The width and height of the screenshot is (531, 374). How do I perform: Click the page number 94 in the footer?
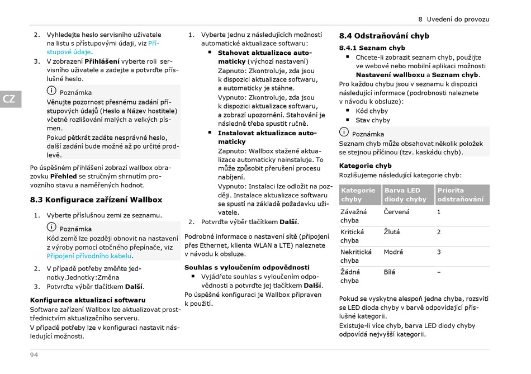point(34,356)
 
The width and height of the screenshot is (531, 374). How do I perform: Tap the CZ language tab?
point(10,100)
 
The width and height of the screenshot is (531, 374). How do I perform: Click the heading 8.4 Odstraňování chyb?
point(384,36)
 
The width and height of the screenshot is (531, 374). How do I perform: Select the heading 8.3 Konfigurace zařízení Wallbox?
point(96,200)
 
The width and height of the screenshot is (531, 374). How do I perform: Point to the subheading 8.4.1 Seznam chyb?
point(372,48)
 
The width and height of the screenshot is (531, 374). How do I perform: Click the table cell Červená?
point(396,212)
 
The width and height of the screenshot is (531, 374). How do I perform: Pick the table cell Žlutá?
point(392,232)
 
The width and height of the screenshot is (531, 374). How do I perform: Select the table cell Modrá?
point(393,252)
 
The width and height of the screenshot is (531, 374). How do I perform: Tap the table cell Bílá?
point(390,272)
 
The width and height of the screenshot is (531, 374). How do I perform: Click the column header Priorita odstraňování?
point(461,195)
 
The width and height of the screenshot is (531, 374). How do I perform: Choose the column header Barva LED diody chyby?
point(405,195)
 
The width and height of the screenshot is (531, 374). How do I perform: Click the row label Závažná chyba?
point(354,216)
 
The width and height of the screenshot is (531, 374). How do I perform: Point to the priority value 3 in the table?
point(439,252)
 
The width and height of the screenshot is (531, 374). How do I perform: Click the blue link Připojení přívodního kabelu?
point(89,256)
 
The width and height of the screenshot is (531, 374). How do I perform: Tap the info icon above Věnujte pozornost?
point(51,92)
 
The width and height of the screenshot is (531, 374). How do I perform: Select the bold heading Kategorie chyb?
point(366,165)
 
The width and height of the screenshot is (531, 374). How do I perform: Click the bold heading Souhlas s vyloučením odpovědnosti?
point(246,267)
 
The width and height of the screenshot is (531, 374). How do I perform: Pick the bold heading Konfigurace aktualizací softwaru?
point(87,300)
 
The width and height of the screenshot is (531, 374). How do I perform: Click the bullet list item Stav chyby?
point(373,120)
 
